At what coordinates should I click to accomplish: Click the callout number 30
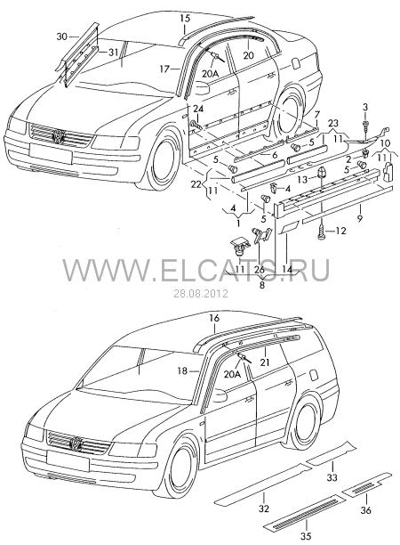click(x=61, y=37)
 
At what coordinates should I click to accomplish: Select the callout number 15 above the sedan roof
click(x=185, y=18)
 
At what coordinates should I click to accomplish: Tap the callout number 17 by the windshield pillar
click(x=164, y=69)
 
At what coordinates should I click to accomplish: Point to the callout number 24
click(x=197, y=109)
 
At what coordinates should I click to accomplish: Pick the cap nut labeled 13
click(x=320, y=172)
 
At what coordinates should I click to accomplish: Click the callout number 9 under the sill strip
click(x=360, y=219)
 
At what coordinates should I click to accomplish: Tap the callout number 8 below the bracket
click(x=262, y=285)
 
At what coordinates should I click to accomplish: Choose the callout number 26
click(x=260, y=269)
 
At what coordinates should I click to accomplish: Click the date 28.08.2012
click(x=201, y=293)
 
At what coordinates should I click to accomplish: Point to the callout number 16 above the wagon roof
click(x=215, y=318)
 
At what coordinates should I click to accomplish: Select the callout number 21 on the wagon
click(x=265, y=362)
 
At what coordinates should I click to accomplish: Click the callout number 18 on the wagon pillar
click(x=182, y=370)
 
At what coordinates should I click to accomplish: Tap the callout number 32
click(x=264, y=508)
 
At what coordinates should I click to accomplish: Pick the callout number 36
click(x=365, y=510)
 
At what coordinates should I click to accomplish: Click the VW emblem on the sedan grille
click(x=58, y=136)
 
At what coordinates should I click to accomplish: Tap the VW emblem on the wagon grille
click(x=76, y=443)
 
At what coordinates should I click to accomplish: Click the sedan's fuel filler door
click(x=296, y=63)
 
